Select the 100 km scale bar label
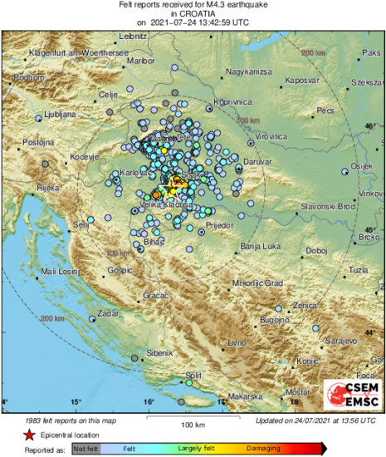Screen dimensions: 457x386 pyautogui.click(x=193, y=426)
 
